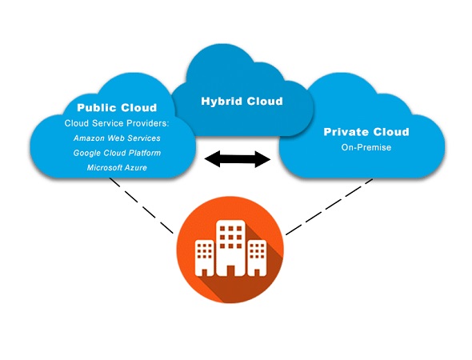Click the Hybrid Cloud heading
pos(242,101)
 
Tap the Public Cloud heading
pos(117,107)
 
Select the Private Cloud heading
pos(366,132)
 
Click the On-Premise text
pos(366,147)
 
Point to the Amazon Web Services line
pos(117,138)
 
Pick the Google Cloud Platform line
pos(117,153)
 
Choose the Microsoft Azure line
pos(117,167)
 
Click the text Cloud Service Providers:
pos(117,123)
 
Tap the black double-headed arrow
pos(238,159)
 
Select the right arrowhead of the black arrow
pos(262,159)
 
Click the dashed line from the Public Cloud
pos(142,206)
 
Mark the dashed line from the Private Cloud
pos(329,206)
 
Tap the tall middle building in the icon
pos(230,248)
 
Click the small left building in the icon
pos(205,258)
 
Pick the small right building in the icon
pos(257,258)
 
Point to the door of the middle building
pos(230,270)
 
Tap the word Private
pos(346,132)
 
